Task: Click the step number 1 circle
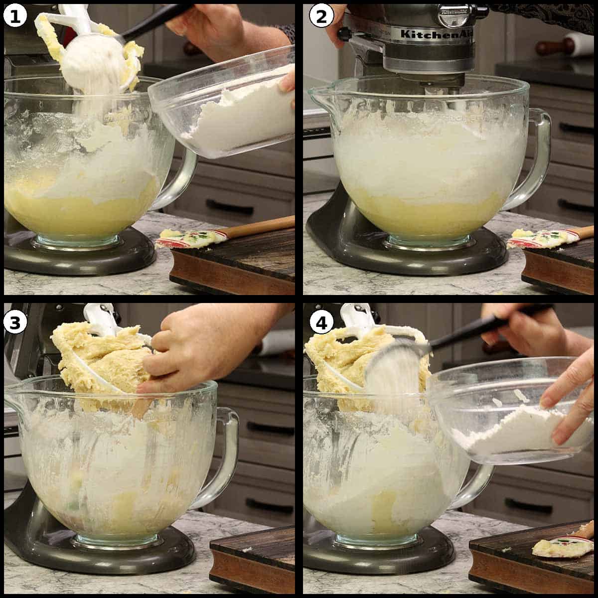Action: (15, 16)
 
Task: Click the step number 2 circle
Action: (319, 16)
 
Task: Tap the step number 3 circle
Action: (15, 323)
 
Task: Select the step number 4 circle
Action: (319, 323)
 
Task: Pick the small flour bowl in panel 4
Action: (508, 419)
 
